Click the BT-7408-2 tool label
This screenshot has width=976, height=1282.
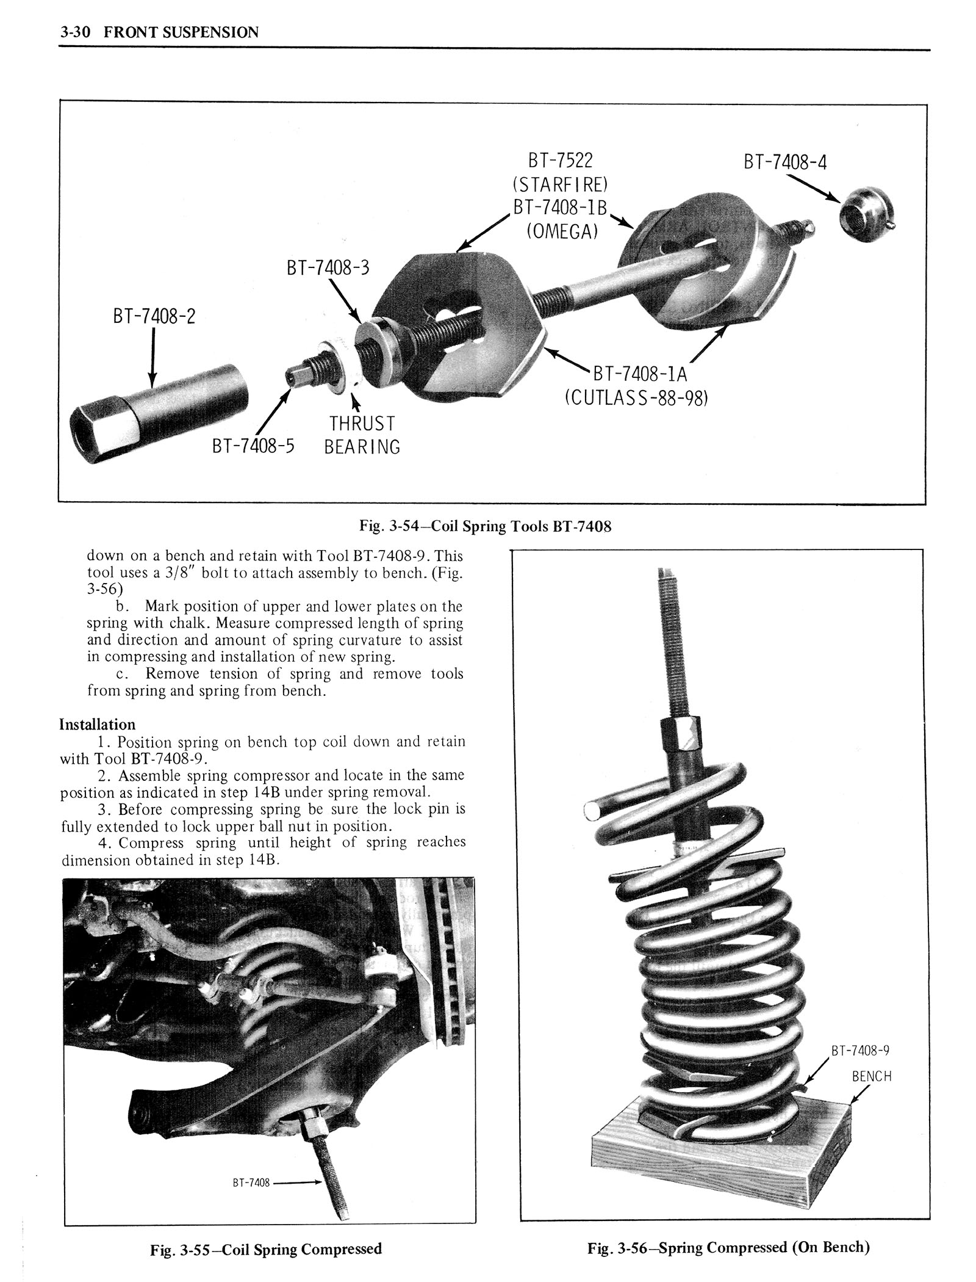[x=154, y=316]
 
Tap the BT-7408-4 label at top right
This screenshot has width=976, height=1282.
[x=785, y=162]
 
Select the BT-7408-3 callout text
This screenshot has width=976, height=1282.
[x=328, y=268]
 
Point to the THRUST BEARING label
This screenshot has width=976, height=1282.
[x=362, y=435]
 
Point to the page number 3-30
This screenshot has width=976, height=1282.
[x=75, y=32]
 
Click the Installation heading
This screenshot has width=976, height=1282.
[x=98, y=725]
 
